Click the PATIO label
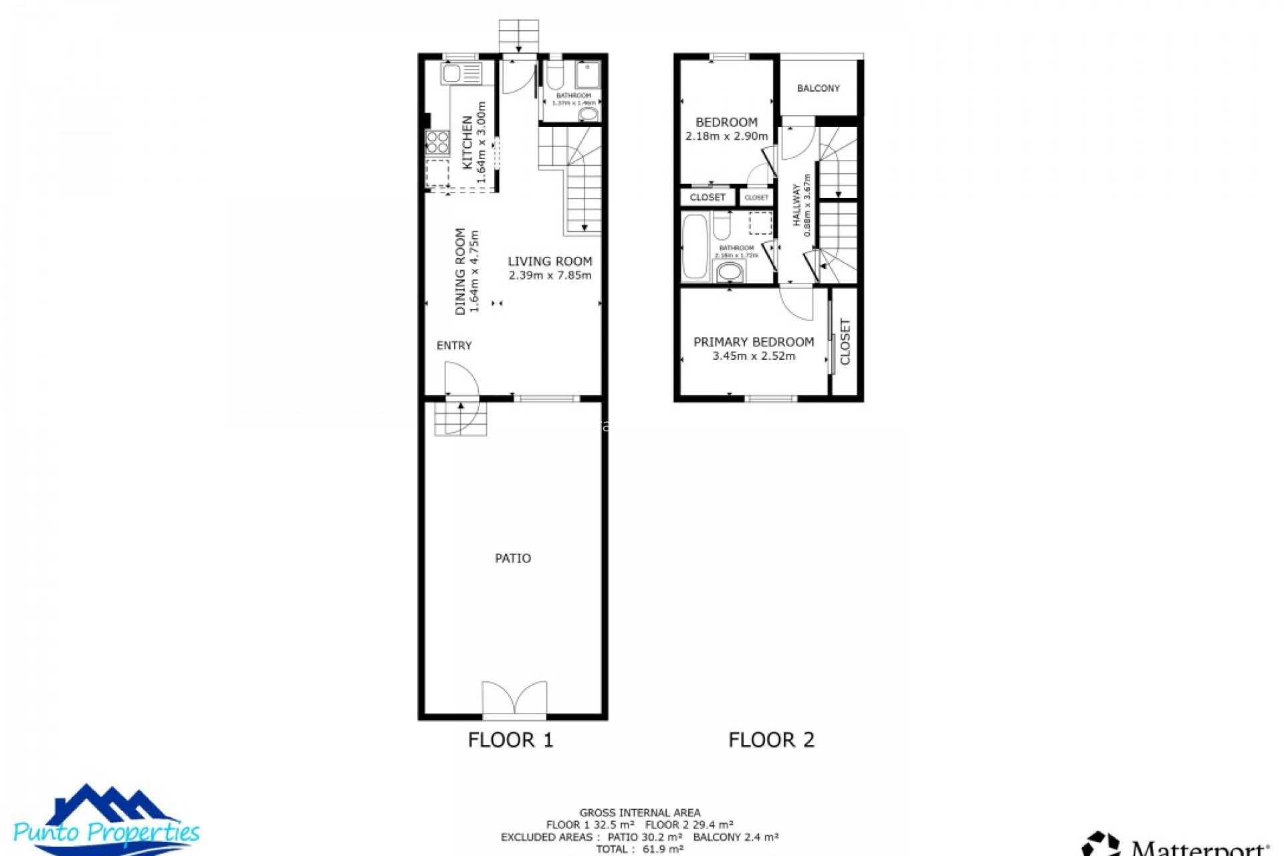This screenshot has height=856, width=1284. (513, 558)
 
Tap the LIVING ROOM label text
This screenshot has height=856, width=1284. (550, 261)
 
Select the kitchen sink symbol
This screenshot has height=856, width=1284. (461, 73)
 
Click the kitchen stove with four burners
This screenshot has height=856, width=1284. (437, 142)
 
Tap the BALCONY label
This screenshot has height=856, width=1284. (818, 88)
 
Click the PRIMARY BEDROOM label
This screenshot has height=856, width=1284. (754, 342)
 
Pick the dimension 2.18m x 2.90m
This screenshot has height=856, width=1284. (726, 136)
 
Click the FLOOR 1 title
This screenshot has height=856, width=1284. (510, 740)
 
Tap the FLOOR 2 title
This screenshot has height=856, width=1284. (771, 740)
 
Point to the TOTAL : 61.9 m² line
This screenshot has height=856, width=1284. (639, 849)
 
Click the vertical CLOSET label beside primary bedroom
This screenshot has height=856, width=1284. (845, 342)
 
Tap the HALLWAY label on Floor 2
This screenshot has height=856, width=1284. (796, 206)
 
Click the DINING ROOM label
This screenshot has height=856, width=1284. (460, 272)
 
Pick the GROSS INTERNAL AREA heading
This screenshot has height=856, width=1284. (639, 813)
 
